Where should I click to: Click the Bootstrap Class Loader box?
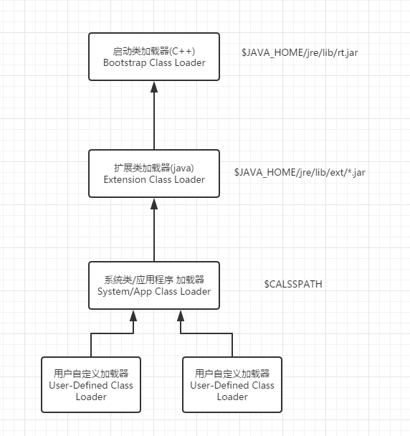pyautogui.click(x=154, y=57)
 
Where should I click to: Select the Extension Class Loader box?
pyautogui.click(x=154, y=174)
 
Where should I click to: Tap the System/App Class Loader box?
pyautogui.click(x=154, y=285)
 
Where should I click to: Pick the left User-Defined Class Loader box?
pyautogui.click(x=91, y=384)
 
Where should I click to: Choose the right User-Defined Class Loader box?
pyautogui.click(x=232, y=384)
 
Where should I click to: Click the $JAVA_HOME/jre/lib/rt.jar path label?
pyautogui.click(x=300, y=52)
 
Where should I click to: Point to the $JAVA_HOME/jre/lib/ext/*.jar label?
pyautogui.click(x=300, y=172)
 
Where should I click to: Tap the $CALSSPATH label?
pyautogui.click(x=293, y=284)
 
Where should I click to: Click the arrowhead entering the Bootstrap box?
pyautogui.click(x=154, y=87)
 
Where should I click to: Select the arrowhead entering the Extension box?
pyautogui.click(x=154, y=204)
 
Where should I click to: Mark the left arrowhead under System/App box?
pyautogui.click(x=133, y=316)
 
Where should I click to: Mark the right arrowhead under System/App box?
pyautogui.click(x=181, y=316)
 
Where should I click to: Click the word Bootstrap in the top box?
pyautogui.click(x=125, y=63)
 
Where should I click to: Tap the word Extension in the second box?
pyautogui.click(x=125, y=179)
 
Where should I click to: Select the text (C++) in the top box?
pyautogui.click(x=182, y=51)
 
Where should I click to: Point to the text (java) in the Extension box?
pyautogui.click(x=182, y=168)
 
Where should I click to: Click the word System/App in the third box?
pyautogui.click(x=125, y=292)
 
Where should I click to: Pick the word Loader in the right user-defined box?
pyautogui.click(x=232, y=397)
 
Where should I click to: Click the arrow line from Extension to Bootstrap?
pyautogui.click(x=154, y=115)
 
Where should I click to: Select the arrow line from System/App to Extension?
pyautogui.click(x=154, y=230)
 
